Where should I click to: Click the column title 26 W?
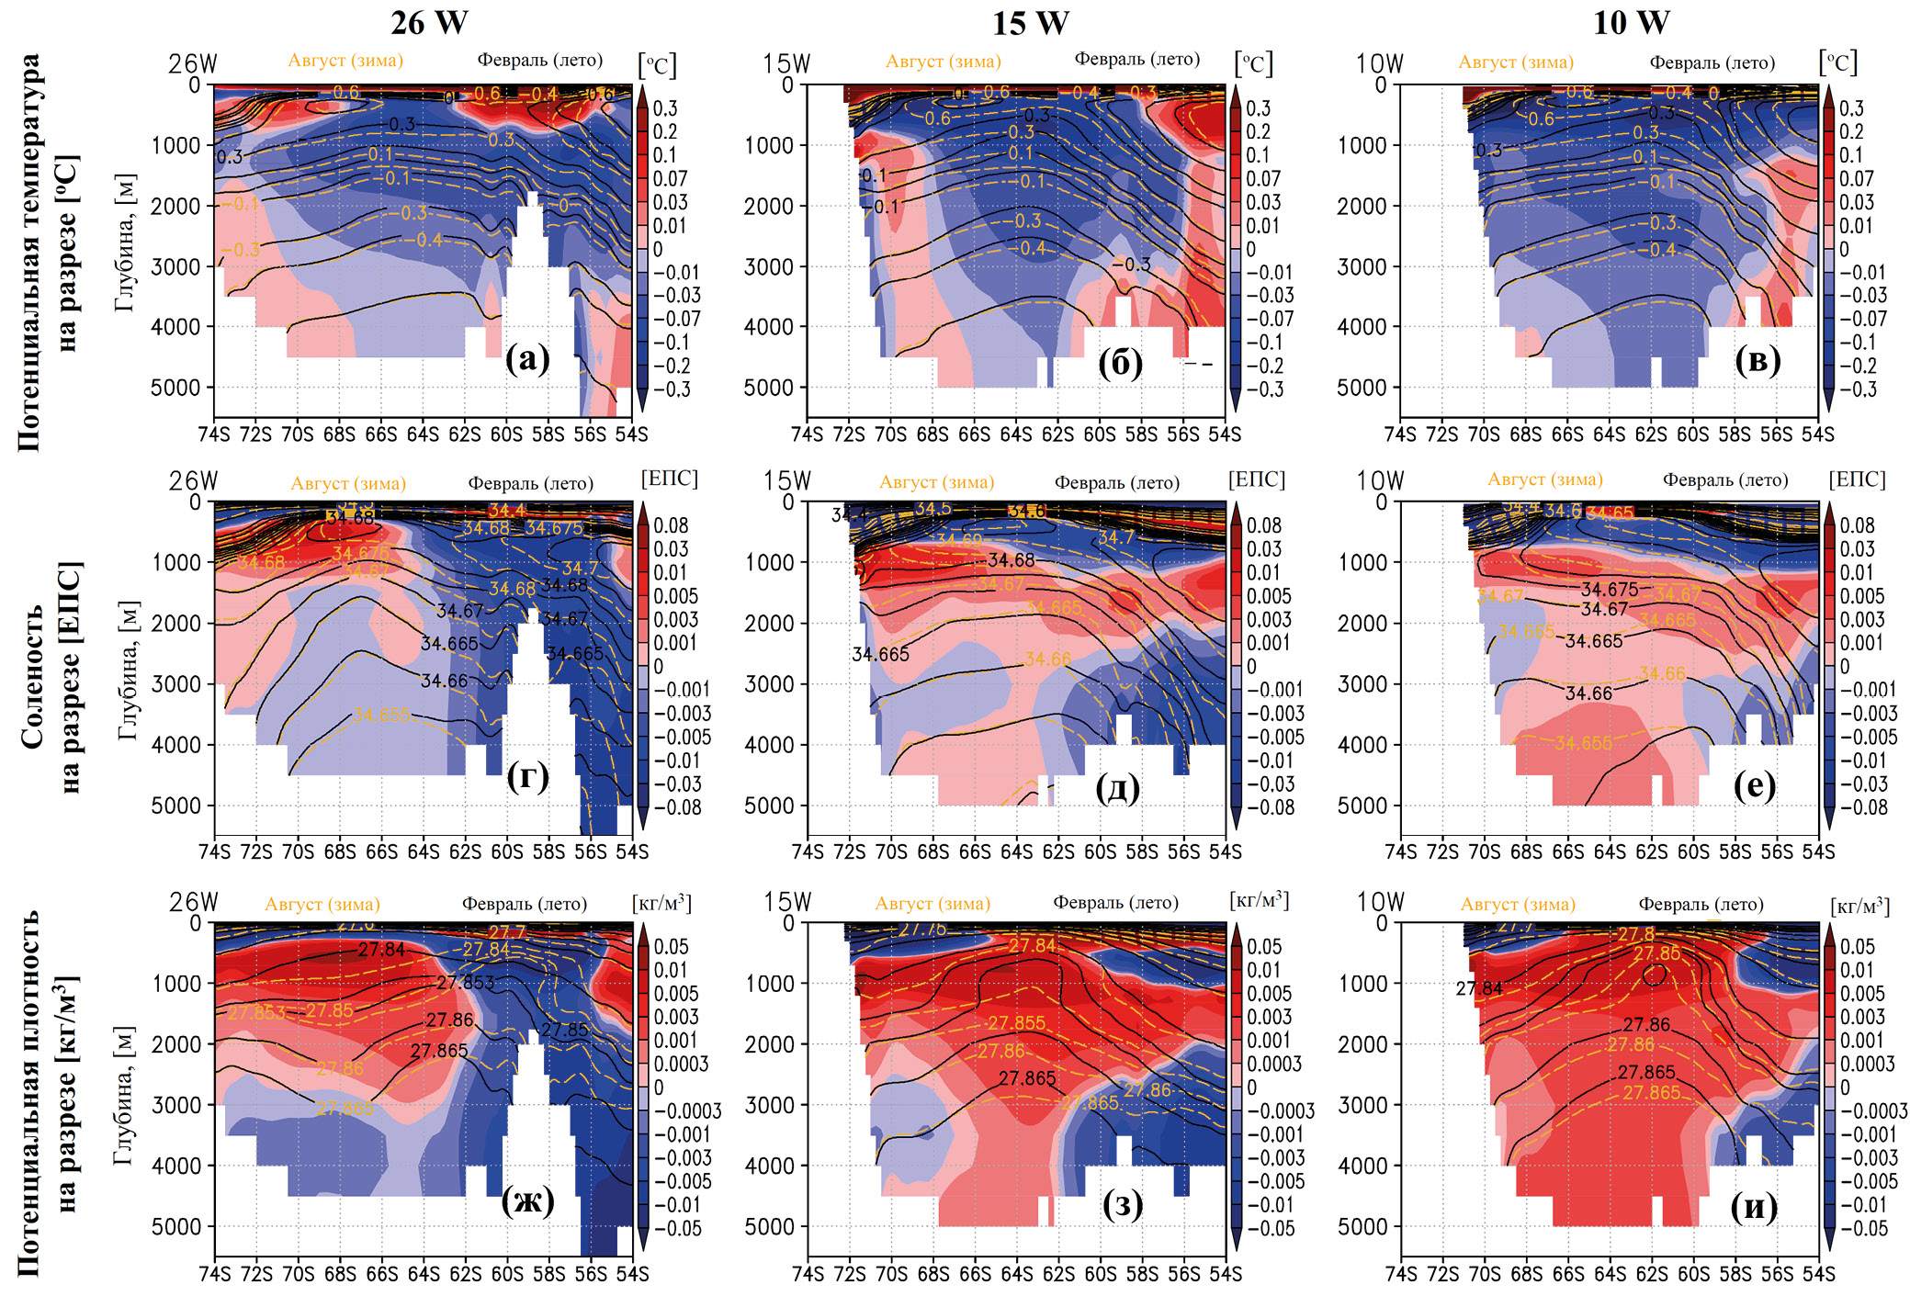[429, 22]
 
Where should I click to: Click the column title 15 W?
[1030, 22]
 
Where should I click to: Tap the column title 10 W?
[1631, 22]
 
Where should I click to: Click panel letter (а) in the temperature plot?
[527, 359]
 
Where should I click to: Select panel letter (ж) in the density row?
[527, 1200]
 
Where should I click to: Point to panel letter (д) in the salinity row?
[1118, 787]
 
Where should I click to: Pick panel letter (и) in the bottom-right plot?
[1754, 1205]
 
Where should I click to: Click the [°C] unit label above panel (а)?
[657, 65]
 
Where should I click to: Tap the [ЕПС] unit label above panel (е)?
[1857, 479]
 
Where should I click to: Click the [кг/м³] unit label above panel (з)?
[1259, 900]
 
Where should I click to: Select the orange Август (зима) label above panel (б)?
[943, 62]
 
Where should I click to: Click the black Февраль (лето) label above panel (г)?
[530, 483]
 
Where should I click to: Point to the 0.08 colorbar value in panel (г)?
[671, 525]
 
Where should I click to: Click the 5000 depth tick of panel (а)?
[175, 388]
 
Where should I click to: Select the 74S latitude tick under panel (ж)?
[214, 1274]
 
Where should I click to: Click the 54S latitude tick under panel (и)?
[1817, 1274]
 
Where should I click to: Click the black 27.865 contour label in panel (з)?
[1027, 1078]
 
